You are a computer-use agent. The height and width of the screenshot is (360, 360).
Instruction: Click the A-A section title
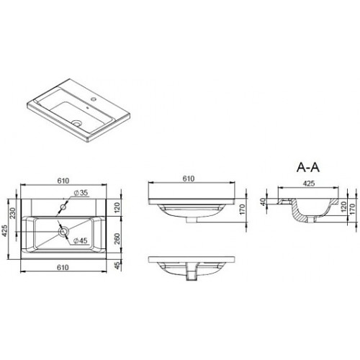308,167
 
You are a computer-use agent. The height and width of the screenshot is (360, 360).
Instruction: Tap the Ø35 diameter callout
81,192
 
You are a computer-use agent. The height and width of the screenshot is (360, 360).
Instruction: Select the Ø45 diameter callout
81,240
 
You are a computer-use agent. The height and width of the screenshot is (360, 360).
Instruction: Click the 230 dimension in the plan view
12,213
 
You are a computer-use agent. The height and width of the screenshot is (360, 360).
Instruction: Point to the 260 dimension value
117,238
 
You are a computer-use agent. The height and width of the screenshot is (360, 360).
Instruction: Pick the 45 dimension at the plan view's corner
117,266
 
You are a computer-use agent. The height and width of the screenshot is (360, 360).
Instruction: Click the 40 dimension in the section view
264,202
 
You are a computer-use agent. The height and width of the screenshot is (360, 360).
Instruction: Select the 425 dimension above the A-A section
309,184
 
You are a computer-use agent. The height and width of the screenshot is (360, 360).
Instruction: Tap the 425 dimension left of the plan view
5,230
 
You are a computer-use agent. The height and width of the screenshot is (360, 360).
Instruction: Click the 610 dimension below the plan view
63,267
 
